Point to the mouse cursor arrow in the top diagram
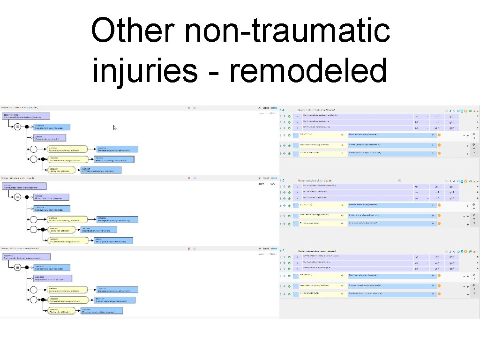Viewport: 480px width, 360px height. click(x=115, y=127)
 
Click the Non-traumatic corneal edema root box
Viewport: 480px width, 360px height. click(x=26, y=116)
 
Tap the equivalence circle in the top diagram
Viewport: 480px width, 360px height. click(x=17, y=127)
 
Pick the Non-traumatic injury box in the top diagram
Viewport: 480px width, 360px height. click(x=52, y=127)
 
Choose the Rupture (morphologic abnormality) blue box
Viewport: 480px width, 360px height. click(x=116, y=300)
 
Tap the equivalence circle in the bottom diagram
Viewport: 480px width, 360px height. click(x=17, y=267)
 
